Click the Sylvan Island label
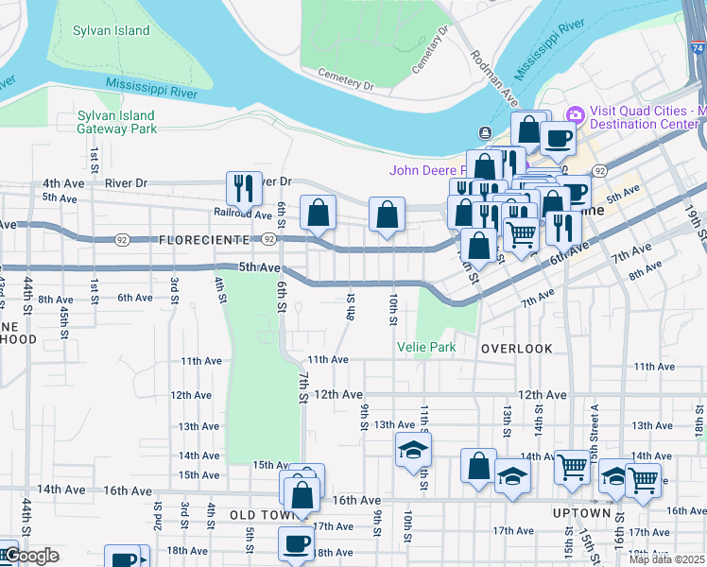[112, 31]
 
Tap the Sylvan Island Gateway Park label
[117, 122]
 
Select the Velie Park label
[425, 348]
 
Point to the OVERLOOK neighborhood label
[516, 349]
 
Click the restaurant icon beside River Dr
[244, 187]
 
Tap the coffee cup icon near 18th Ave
[296, 543]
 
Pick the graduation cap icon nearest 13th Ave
[413, 449]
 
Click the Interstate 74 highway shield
[697, 44]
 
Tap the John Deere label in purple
[429, 170]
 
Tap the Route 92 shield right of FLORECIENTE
[269, 240]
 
